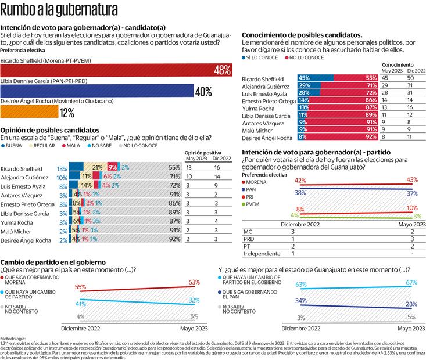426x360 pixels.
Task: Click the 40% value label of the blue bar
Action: [x=203, y=91]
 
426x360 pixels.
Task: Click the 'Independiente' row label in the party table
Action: [x=262, y=253]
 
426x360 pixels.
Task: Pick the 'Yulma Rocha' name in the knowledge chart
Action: [x=259, y=107]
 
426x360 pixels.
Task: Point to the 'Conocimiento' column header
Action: [x=398, y=64]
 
